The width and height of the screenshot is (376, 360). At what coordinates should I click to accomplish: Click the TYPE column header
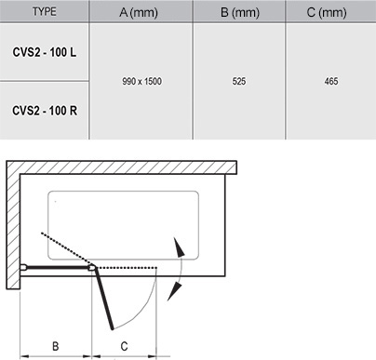pos(44,12)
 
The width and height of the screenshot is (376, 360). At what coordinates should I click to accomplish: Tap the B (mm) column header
pos(237,12)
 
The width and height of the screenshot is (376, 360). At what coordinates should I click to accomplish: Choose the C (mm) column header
pos(330,12)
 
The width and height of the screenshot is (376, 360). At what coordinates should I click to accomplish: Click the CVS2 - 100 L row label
pos(44,51)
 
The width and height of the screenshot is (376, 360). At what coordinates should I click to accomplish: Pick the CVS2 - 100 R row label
pos(44,110)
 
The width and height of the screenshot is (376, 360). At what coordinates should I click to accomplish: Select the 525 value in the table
pos(237,82)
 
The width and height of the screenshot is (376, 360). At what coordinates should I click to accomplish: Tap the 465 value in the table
pos(330,82)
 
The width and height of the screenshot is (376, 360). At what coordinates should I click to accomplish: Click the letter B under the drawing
pos(55,346)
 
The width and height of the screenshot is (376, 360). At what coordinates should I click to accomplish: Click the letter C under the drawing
pos(124,346)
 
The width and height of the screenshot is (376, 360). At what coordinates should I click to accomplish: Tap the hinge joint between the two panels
pos(93,267)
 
